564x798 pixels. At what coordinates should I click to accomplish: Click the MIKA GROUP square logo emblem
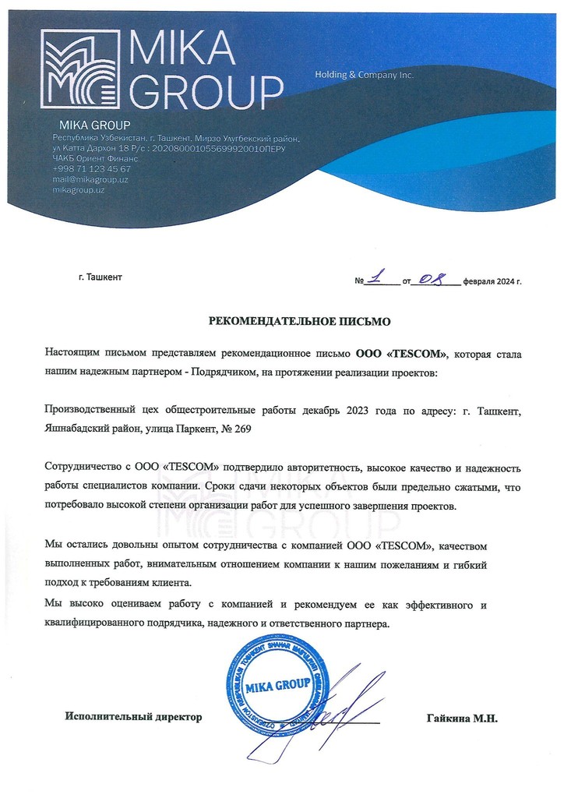pos(80,69)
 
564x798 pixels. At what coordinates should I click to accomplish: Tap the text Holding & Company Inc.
pos(364,75)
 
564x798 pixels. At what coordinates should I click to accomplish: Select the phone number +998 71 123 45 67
pos(91,168)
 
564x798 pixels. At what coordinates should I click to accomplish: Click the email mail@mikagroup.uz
pos(90,179)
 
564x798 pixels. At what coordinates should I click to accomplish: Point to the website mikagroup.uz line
pos(79,190)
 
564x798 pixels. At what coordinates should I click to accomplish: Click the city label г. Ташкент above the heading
pos(100,277)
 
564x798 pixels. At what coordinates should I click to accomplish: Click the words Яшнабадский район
pos(90,428)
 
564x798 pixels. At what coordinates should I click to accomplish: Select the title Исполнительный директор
pos(133,717)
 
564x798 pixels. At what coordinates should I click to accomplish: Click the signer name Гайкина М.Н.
pos(461,717)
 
